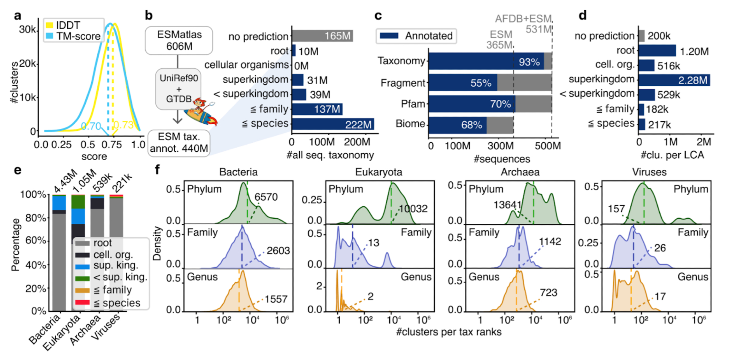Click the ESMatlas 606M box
coord(179,40)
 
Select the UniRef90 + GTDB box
coord(178,88)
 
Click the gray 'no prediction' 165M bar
coord(322,36)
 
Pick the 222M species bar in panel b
coord(333,124)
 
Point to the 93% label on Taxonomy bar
coord(529,62)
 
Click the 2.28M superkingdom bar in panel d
coord(674,80)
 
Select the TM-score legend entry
coord(73,36)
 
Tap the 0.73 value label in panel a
coord(124,125)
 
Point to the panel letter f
coord(158,169)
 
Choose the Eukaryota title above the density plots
coord(378,172)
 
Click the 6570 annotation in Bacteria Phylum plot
coord(266,197)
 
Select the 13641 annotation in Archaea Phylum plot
coord(507,205)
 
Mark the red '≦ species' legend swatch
coord(82,303)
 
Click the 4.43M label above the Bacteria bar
coord(65,181)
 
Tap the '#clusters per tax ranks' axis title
coord(449,332)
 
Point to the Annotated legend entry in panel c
coord(416,36)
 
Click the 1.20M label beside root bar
coord(694,51)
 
